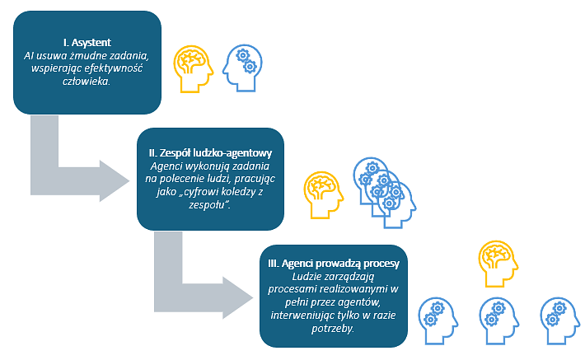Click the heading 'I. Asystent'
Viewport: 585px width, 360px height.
pos(87,41)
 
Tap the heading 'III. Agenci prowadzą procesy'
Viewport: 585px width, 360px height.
pos(334,263)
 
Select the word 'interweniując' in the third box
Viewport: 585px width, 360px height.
pos(307,314)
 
